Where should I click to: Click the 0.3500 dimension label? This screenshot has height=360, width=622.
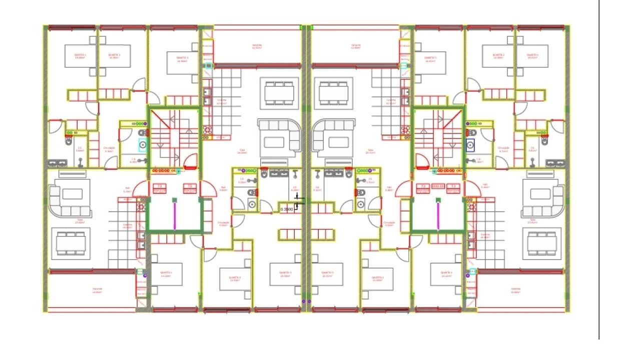[287, 209]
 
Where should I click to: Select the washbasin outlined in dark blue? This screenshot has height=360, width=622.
[470, 145]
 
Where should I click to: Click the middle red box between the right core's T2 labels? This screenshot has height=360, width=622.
[438, 187]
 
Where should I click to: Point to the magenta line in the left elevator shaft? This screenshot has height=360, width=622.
[175, 215]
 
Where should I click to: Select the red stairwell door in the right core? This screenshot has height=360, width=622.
[422, 161]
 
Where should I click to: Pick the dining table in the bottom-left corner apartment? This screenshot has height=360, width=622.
[70, 244]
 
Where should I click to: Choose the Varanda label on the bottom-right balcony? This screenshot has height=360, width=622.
[516, 289]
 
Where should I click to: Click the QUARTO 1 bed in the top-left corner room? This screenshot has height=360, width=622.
[80, 55]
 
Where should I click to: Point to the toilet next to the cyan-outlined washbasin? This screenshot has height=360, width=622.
[142, 133]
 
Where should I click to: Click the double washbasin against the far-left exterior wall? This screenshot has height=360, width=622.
[57, 163]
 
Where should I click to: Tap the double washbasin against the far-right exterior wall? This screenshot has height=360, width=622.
[555, 163]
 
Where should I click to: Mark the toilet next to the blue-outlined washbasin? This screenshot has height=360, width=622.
[471, 133]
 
